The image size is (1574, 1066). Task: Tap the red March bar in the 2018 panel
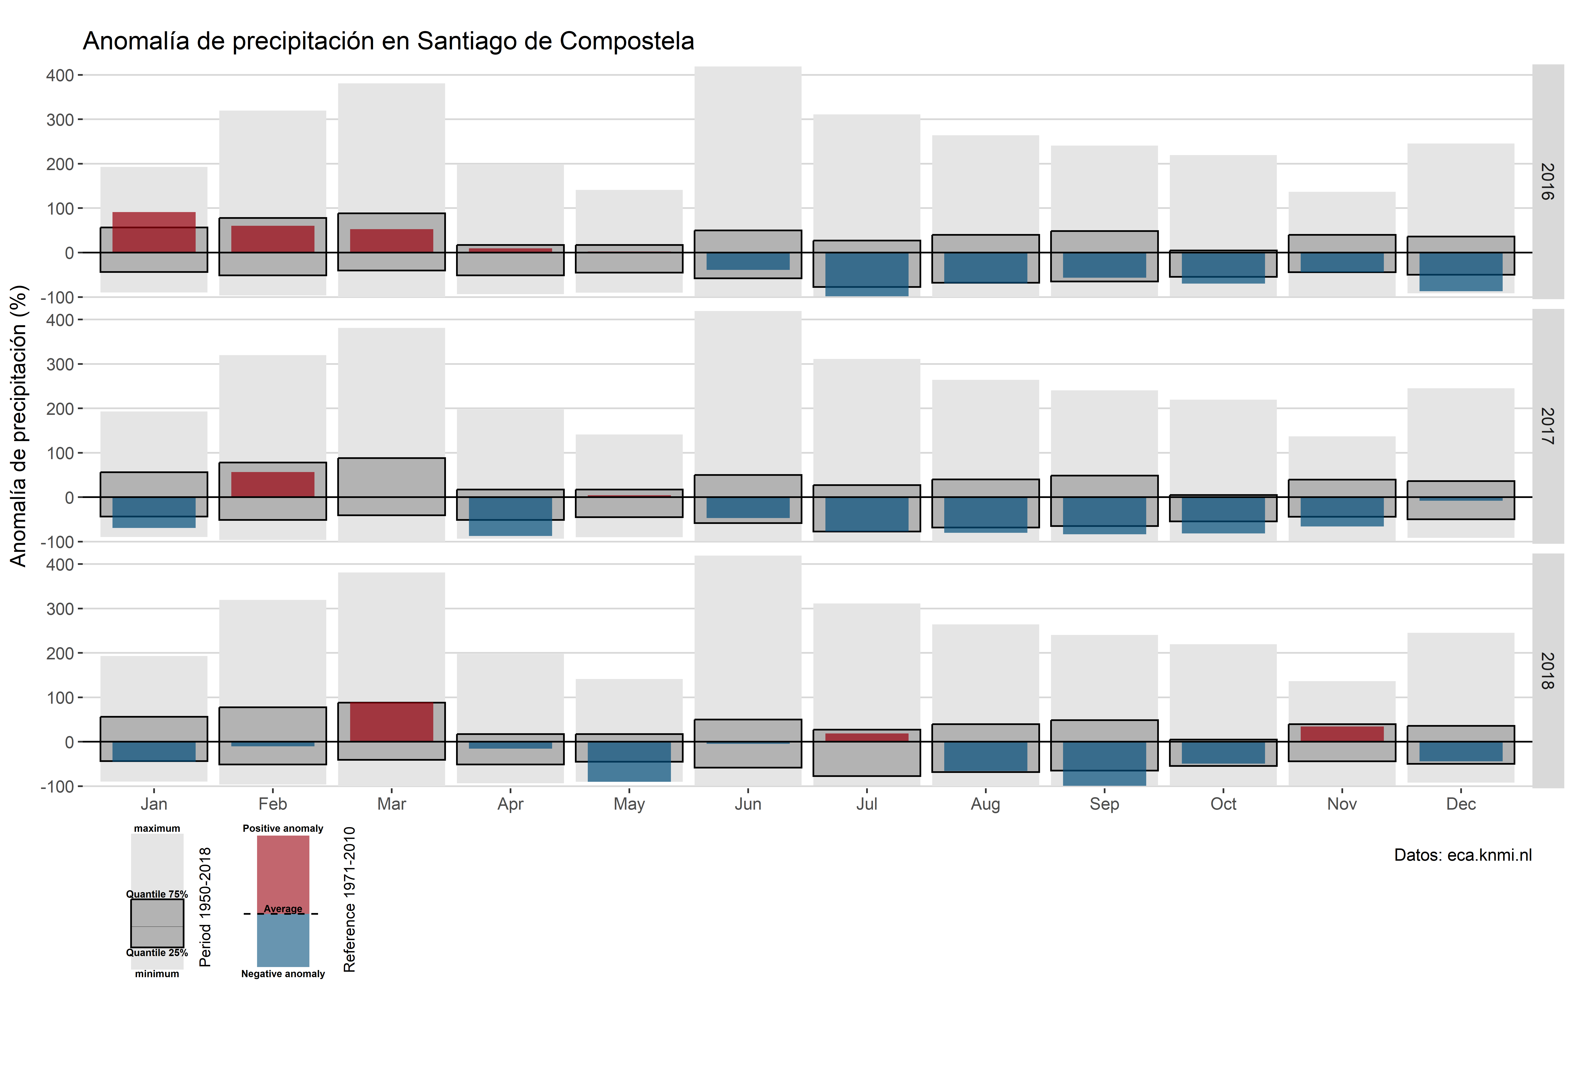[391, 722]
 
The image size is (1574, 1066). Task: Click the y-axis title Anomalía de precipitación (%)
[18, 425]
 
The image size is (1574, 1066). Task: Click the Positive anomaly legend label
[283, 828]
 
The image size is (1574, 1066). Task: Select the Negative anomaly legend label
[283, 974]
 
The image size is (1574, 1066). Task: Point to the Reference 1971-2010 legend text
[349, 899]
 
